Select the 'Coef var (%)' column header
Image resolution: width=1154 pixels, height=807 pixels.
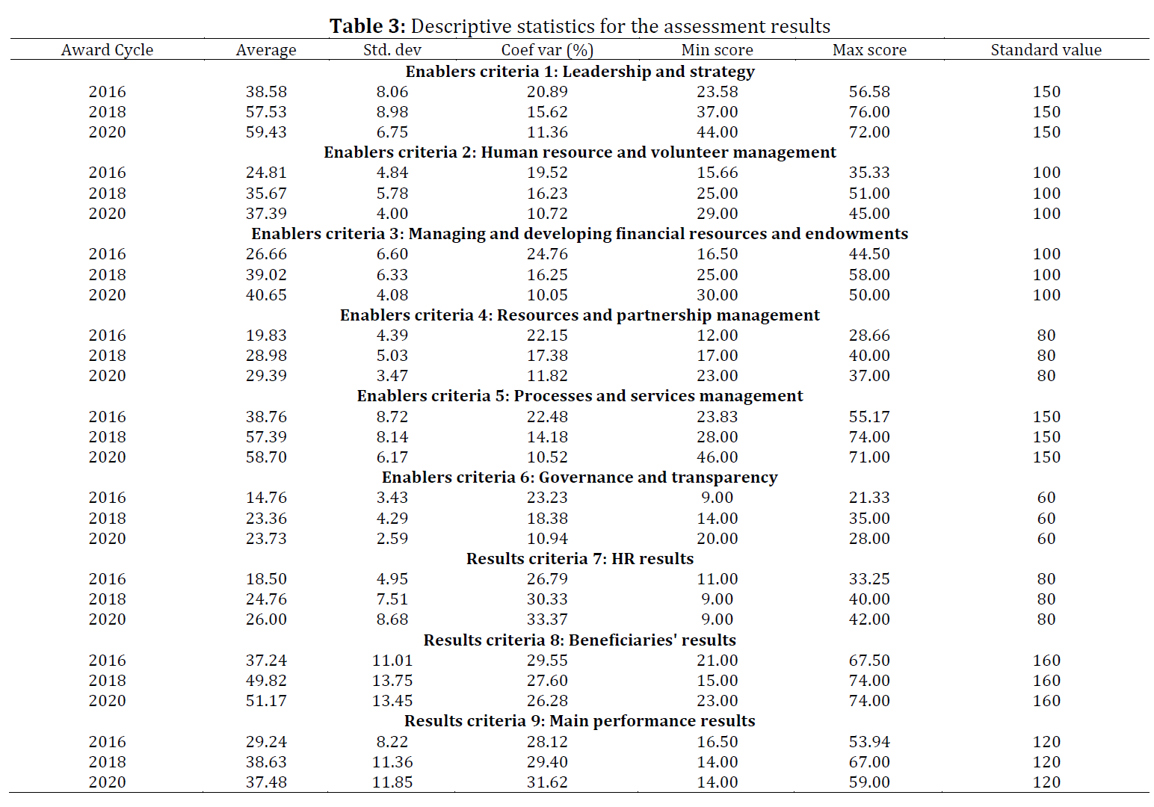point(547,50)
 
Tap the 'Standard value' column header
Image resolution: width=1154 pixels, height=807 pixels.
point(1046,50)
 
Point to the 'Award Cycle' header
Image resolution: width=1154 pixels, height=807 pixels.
point(107,50)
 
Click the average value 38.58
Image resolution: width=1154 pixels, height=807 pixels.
point(266,92)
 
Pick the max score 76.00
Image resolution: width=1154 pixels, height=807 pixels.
point(869,112)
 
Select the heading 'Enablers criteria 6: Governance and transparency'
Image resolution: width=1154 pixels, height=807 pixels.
point(579,477)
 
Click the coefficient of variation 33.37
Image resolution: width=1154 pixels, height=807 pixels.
point(547,619)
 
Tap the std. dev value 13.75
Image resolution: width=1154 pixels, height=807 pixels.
point(392,680)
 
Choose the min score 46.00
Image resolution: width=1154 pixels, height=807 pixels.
point(717,457)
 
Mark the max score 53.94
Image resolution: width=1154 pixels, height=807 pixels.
point(869,741)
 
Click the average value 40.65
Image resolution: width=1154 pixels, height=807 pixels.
point(266,295)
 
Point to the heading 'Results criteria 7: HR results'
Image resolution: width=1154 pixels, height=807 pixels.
point(579,559)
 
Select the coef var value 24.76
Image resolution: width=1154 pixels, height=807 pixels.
point(547,254)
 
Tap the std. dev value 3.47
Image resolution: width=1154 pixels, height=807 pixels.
point(392,375)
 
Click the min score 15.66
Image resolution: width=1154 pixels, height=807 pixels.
point(717,173)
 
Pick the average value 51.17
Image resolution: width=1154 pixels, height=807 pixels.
point(266,700)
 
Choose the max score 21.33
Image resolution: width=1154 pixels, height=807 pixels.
point(869,498)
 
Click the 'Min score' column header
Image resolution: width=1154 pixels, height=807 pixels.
point(717,50)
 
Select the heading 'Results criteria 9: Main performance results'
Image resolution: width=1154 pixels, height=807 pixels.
point(579,721)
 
